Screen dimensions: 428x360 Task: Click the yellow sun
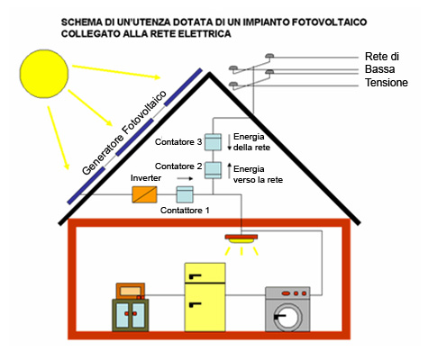[44, 74]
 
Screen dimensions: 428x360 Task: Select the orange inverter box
[144, 194]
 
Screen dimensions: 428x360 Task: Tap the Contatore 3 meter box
[213, 142]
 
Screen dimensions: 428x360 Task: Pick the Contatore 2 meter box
[213, 170]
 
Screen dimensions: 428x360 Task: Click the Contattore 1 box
[185, 194]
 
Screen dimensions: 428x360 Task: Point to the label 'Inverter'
[146, 178]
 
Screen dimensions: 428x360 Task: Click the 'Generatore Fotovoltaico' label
[124, 132]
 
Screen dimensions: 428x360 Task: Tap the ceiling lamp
[241, 239]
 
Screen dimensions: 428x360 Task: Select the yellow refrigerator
[205, 297]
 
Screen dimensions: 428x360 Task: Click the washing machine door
[288, 318]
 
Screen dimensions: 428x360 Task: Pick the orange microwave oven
[131, 291]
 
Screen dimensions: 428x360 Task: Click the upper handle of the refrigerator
[195, 276]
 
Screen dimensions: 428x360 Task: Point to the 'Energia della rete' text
[251, 142]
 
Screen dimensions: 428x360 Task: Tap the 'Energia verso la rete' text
[258, 175]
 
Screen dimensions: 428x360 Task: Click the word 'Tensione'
[387, 82]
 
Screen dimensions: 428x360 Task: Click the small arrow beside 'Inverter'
[185, 178]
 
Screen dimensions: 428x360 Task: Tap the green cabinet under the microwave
[131, 315]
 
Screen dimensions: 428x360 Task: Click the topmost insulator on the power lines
[269, 56]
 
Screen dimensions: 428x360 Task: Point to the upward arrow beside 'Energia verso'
[230, 170]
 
